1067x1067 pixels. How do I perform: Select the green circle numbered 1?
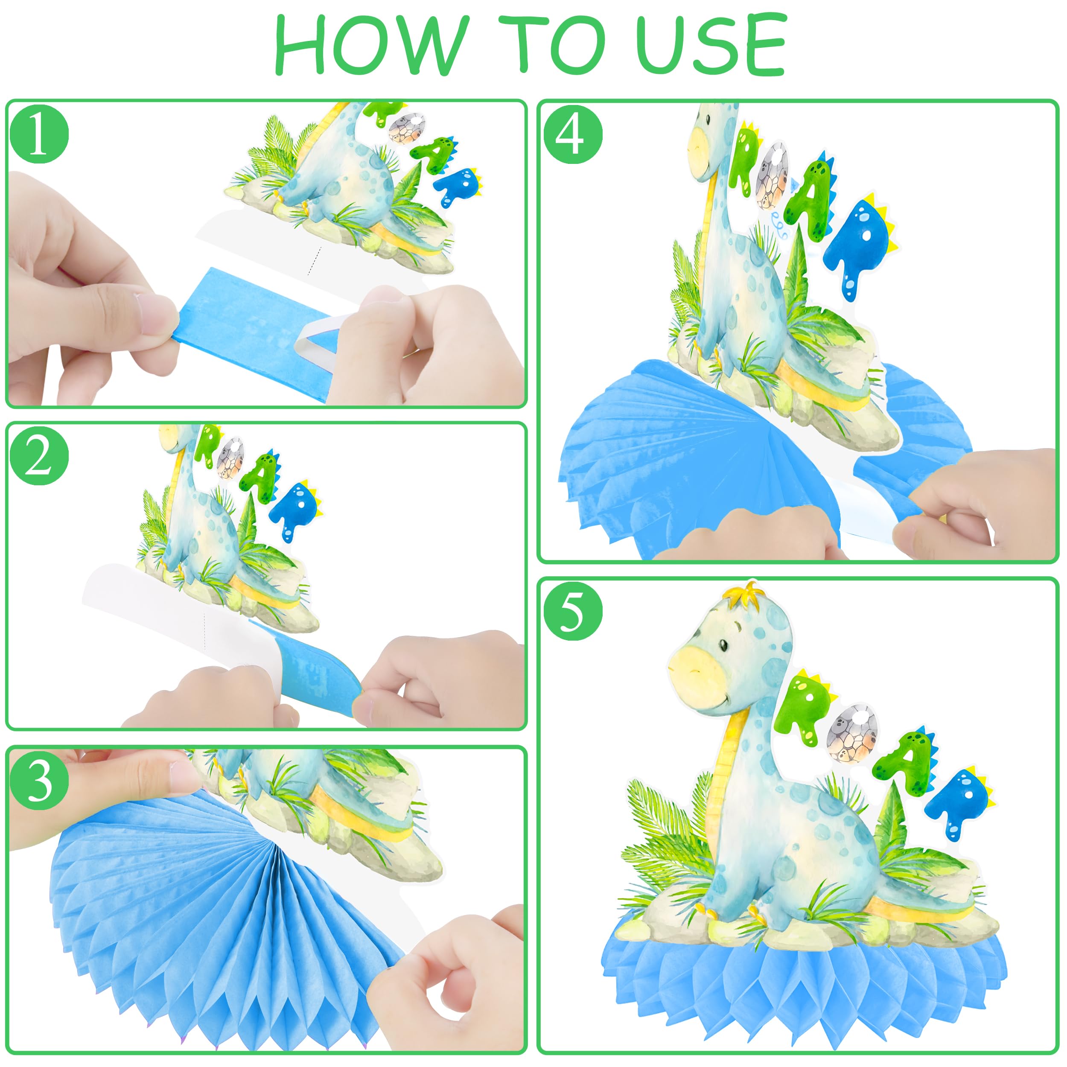pos(39,134)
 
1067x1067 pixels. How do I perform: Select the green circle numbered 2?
pos(39,456)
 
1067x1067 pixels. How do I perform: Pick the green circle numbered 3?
pos(39,780)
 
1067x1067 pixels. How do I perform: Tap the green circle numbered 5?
pos(573,611)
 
